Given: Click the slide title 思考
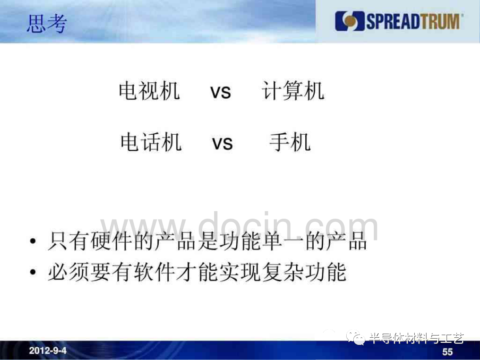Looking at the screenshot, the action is tap(47, 24).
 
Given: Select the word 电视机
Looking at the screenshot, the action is tap(149, 91).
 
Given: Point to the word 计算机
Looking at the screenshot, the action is tap(293, 91).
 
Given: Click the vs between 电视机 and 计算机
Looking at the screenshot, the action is tap(220, 92).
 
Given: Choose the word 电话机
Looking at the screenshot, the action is tap(151, 142).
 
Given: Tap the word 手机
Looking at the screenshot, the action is tap(290, 142).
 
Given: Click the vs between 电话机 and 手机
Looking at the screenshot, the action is tap(223, 143).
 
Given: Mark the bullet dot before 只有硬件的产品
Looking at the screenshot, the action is tap(33, 241).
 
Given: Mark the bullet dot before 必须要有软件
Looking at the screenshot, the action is tap(33, 272).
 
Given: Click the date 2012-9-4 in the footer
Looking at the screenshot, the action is tap(48, 351).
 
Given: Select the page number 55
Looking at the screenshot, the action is tap(448, 352).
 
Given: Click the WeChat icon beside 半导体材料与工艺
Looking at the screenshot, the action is tap(356, 337).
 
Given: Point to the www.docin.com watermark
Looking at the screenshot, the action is tap(239, 227).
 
